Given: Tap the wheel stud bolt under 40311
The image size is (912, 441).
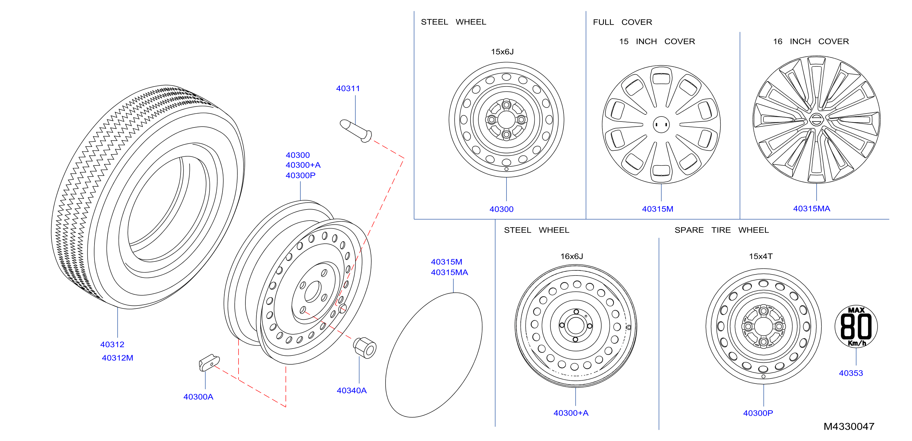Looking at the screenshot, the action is pos(356,131).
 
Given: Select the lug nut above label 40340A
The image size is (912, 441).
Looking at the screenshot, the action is pos(365,347).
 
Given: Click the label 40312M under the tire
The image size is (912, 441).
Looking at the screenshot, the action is pos(118,358).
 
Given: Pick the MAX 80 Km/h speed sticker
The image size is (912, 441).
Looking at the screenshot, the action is pos(856,326).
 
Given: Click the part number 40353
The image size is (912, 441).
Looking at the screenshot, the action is pos(851,373).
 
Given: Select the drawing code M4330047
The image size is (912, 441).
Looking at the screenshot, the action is pos(849,426).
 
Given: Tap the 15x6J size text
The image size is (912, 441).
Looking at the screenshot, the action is pos(502,52).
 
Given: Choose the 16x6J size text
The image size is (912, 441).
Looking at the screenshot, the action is pos(572,256).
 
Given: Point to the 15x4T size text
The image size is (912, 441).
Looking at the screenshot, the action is pos(760,256).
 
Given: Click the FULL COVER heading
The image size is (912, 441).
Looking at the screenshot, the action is pos(622,22).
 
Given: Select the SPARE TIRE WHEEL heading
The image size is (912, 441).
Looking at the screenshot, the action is pos(722,230).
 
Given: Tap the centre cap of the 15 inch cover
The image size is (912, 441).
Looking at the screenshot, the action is pos(661,125).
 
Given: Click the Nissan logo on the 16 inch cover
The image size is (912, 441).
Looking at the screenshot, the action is pos(816,119).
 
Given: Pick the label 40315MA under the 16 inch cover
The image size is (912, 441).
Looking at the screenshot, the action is pos(812,209).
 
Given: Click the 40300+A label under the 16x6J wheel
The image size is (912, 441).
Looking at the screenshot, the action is pos(571,413).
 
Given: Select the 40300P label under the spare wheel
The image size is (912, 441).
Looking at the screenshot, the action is pos(758,413).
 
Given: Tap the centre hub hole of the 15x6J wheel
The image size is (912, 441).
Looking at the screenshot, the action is pos(506,120).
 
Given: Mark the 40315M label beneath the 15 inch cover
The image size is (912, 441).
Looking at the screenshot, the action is pos(657,209).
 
